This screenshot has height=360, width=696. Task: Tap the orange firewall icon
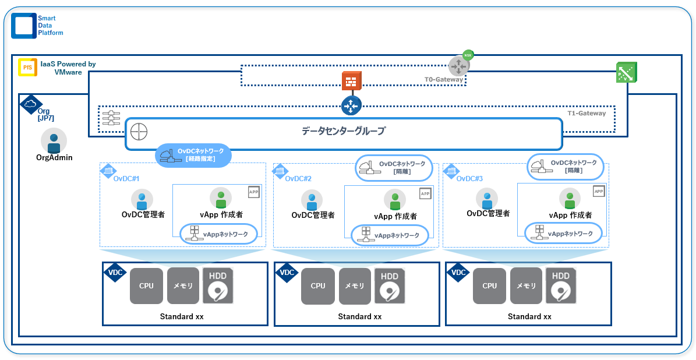click(x=351, y=82)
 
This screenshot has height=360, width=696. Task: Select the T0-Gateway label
click(x=443, y=79)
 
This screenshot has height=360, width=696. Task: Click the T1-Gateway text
click(x=587, y=113)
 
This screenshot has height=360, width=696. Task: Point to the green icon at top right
click(x=626, y=72)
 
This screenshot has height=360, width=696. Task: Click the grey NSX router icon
click(x=458, y=66)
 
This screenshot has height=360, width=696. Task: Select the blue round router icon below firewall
click(x=351, y=105)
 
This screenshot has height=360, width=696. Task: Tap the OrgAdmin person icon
click(x=54, y=140)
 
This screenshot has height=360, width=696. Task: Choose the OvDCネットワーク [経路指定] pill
click(x=193, y=155)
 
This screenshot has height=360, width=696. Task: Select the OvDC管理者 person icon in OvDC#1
click(x=142, y=199)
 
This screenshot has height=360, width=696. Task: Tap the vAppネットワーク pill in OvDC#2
click(x=390, y=235)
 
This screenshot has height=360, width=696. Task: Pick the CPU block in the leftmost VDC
click(x=146, y=285)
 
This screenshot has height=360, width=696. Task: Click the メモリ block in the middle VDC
click(x=355, y=285)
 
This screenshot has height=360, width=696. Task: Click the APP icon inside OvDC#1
click(x=253, y=192)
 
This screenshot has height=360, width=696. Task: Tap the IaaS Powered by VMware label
click(x=68, y=68)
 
